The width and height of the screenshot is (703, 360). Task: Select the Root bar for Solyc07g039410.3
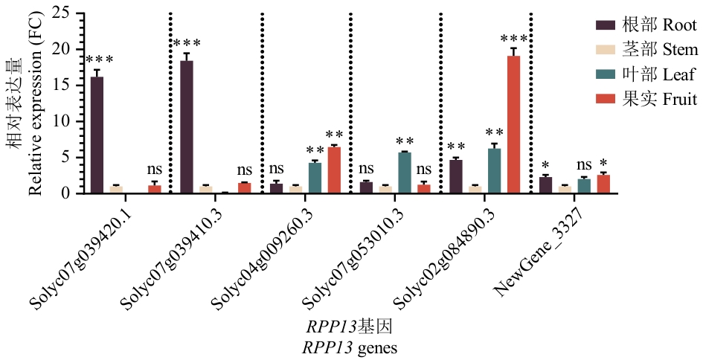click(187, 127)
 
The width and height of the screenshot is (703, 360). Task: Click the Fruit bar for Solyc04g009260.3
click(334, 170)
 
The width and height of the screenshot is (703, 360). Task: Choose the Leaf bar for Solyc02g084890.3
click(495, 171)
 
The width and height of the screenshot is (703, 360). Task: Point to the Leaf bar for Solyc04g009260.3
click(315, 178)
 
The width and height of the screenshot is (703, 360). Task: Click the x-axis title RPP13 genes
click(349, 347)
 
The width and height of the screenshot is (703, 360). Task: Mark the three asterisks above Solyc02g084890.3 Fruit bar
click(513, 38)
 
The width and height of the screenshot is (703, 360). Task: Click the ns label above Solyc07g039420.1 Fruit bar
click(155, 170)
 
